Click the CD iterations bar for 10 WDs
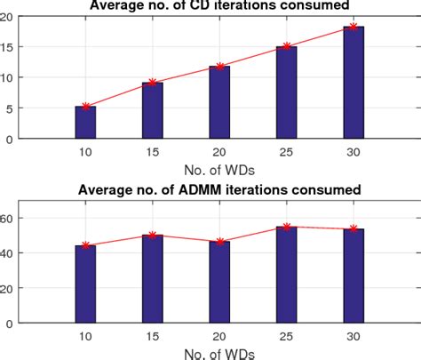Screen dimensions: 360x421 pyautogui.click(x=85, y=123)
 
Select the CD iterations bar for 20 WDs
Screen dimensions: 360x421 pyautogui.click(x=219, y=102)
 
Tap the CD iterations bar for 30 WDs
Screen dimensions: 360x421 pyautogui.click(x=353, y=83)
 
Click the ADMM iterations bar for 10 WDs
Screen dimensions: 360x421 pyautogui.click(x=85, y=284)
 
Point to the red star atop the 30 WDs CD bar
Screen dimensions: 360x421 pyautogui.click(x=353, y=27)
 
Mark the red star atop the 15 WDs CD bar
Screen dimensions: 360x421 pyautogui.click(x=153, y=83)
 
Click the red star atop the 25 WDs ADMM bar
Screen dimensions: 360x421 pyautogui.click(x=287, y=227)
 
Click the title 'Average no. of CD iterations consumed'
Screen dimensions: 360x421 pyautogui.click(x=218, y=6)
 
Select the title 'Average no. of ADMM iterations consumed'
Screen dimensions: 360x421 pyautogui.click(x=218, y=190)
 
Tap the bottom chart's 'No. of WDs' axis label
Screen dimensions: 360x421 pyautogui.click(x=218, y=353)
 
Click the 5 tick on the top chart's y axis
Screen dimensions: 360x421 pyautogui.click(x=11, y=108)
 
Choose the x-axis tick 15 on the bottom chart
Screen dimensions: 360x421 pyautogui.click(x=153, y=335)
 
